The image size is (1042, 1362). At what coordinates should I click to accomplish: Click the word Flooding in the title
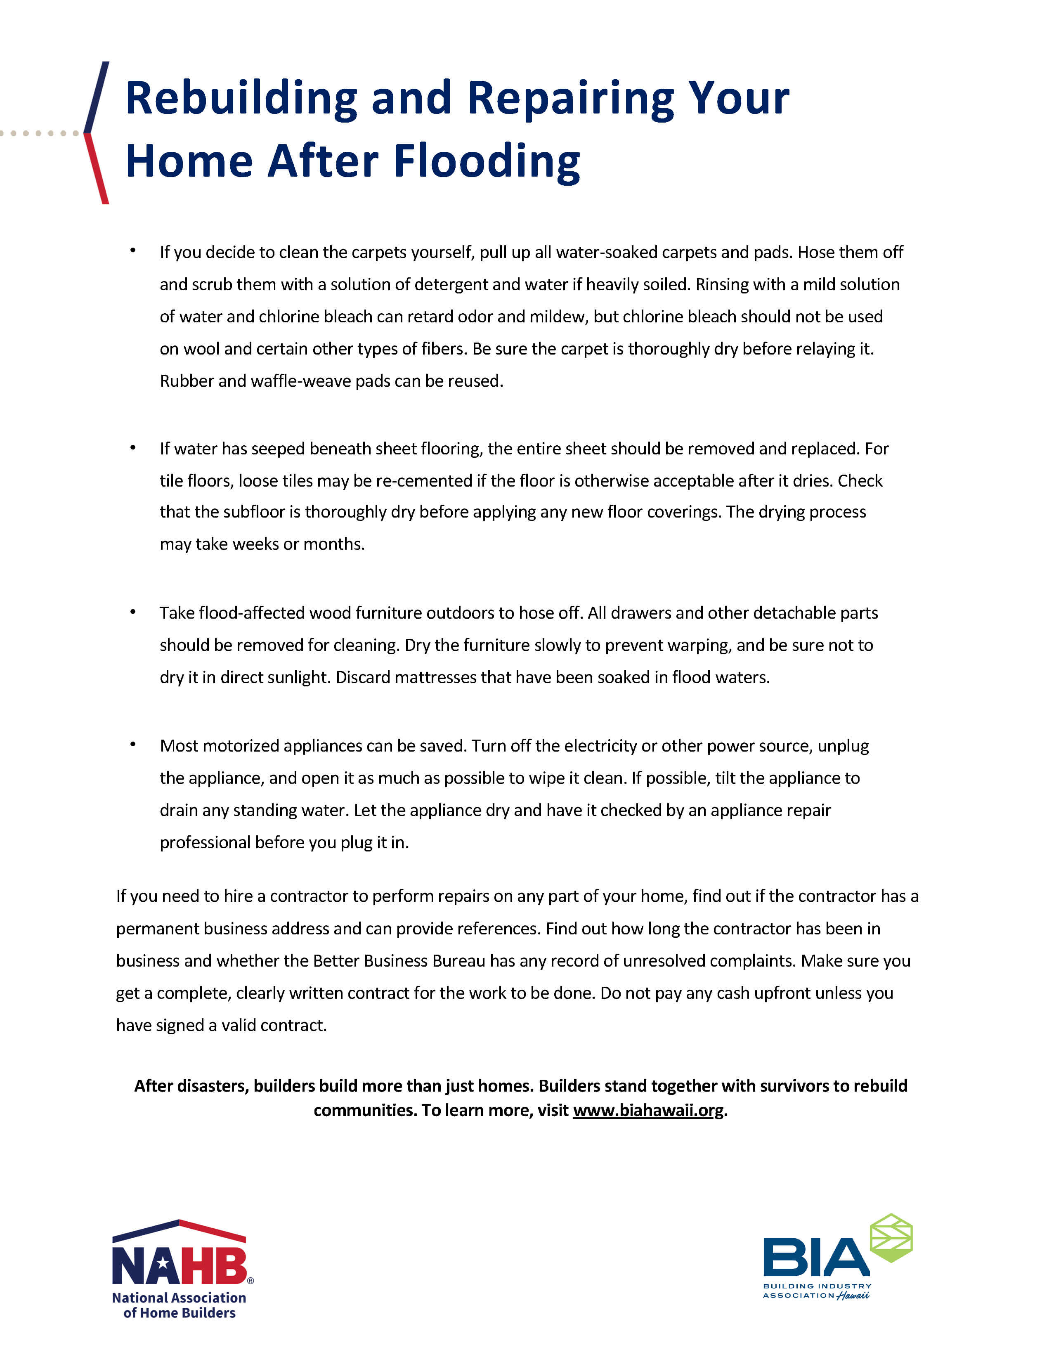[x=487, y=161]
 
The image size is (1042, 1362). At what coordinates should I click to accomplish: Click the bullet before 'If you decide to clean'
[x=133, y=251]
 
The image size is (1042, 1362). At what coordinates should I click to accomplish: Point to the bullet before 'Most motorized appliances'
[x=133, y=744]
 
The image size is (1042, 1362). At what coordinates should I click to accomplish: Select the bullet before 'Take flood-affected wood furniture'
[x=133, y=612]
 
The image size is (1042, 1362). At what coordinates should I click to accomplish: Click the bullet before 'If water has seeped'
[x=133, y=447]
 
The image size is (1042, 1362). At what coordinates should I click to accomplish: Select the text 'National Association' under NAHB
[x=179, y=1298]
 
